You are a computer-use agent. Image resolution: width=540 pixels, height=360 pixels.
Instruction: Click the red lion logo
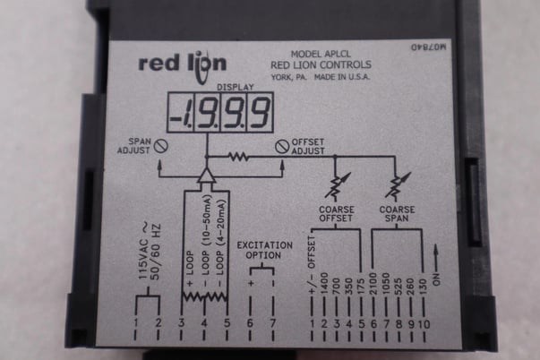tap(182, 64)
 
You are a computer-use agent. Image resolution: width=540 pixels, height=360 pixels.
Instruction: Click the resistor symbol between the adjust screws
tap(238, 156)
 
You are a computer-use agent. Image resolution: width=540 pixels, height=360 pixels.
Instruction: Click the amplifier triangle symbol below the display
tap(206, 172)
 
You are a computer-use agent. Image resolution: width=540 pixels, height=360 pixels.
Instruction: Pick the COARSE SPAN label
tap(394, 217)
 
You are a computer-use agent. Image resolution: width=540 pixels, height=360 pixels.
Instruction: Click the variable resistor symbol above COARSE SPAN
tap(394, 186)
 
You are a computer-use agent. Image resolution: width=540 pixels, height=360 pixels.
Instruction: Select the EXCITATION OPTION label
tap(261, 249)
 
